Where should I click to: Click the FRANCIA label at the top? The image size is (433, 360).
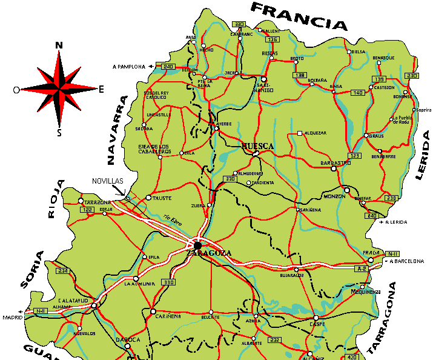pos(299,16)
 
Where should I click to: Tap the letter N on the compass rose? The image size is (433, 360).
pos(59,45)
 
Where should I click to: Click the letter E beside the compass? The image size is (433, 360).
pos(101,89)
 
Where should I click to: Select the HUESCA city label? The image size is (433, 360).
pos(258,146)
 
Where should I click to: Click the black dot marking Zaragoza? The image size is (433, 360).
pos(197,245)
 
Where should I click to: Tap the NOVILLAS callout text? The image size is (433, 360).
pos(108,181)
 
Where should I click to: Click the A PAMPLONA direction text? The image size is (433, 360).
pos(129,66)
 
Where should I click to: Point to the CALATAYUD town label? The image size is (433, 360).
pos(73,300)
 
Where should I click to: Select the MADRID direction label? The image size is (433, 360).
pos(12,317)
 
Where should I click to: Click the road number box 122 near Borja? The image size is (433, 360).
pos(87,209)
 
